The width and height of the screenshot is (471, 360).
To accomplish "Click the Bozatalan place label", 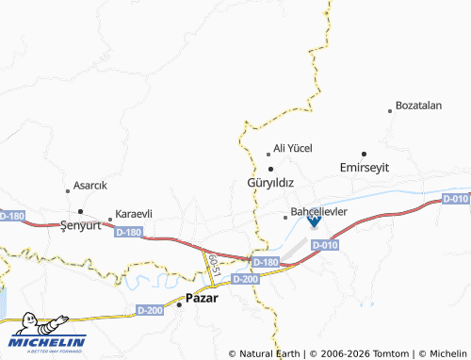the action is tap(419, 106).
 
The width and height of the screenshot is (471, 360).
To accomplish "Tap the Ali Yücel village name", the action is tap(293, 149).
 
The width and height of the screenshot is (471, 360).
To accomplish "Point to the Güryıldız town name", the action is tap(270, 182).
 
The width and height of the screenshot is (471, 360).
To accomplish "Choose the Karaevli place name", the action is tap(134, 214).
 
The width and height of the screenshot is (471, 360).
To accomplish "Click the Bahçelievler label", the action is tap(320, 212).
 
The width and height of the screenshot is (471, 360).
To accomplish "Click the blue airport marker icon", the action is tap(314, 221).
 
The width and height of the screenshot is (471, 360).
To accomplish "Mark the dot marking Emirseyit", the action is tap(364, 153).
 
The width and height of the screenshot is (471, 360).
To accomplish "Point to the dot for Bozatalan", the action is tap(390, 111).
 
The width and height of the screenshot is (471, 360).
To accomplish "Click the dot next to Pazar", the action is tap(180, 303).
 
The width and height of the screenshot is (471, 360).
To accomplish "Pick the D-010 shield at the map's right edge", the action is tap(456, 199).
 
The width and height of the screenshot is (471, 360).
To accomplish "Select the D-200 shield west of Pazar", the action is tap(150, 310).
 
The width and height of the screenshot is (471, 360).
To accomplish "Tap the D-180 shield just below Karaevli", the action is tap(131, 232).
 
